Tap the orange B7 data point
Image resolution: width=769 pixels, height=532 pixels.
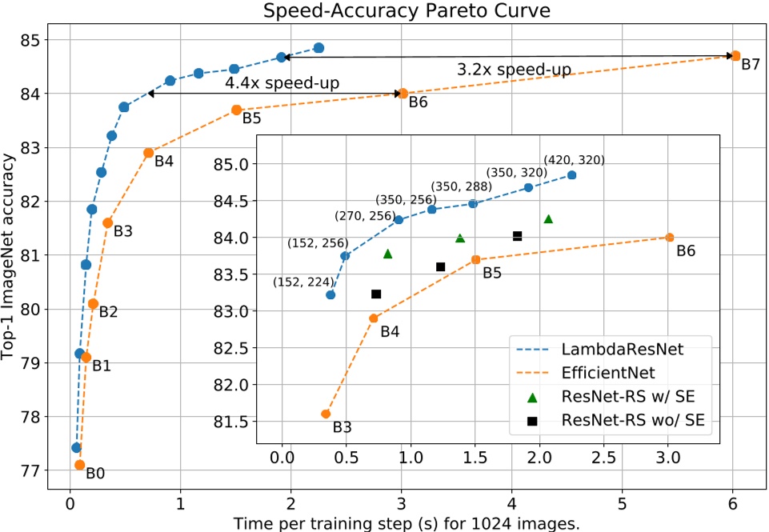click(x=735, y=55)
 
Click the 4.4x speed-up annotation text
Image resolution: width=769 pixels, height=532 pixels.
click(x=271, y=83)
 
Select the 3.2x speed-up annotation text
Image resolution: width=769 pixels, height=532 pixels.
click(x=514, y=70)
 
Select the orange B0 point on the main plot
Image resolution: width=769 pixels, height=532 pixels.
click(x=79, y=465)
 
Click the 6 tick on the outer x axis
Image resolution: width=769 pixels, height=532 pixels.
click(x=732, y=506)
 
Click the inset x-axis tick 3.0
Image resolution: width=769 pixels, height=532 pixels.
click(x=667, y=457)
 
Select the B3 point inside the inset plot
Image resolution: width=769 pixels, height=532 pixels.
click(x=326, y=414)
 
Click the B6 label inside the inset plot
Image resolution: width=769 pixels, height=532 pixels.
click(x=686, y=251)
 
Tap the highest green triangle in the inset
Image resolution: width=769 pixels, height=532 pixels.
click(x=548, y=218)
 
